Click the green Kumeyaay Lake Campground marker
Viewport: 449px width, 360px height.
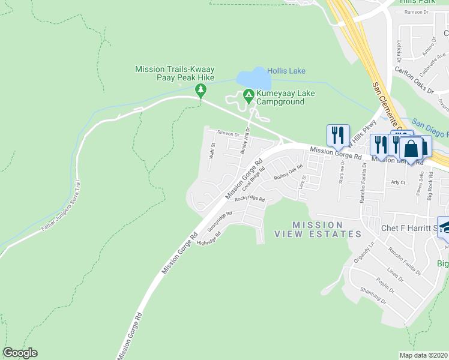[x=248, y=95]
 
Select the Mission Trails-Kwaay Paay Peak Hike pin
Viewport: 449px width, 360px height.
[x=200, y=91]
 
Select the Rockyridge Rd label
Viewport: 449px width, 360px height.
[x=250, y=199]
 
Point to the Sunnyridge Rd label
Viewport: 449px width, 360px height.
[x=220, y=221]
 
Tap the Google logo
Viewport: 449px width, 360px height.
[x=20, y=353]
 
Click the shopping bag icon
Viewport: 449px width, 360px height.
[x=412, y=148]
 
